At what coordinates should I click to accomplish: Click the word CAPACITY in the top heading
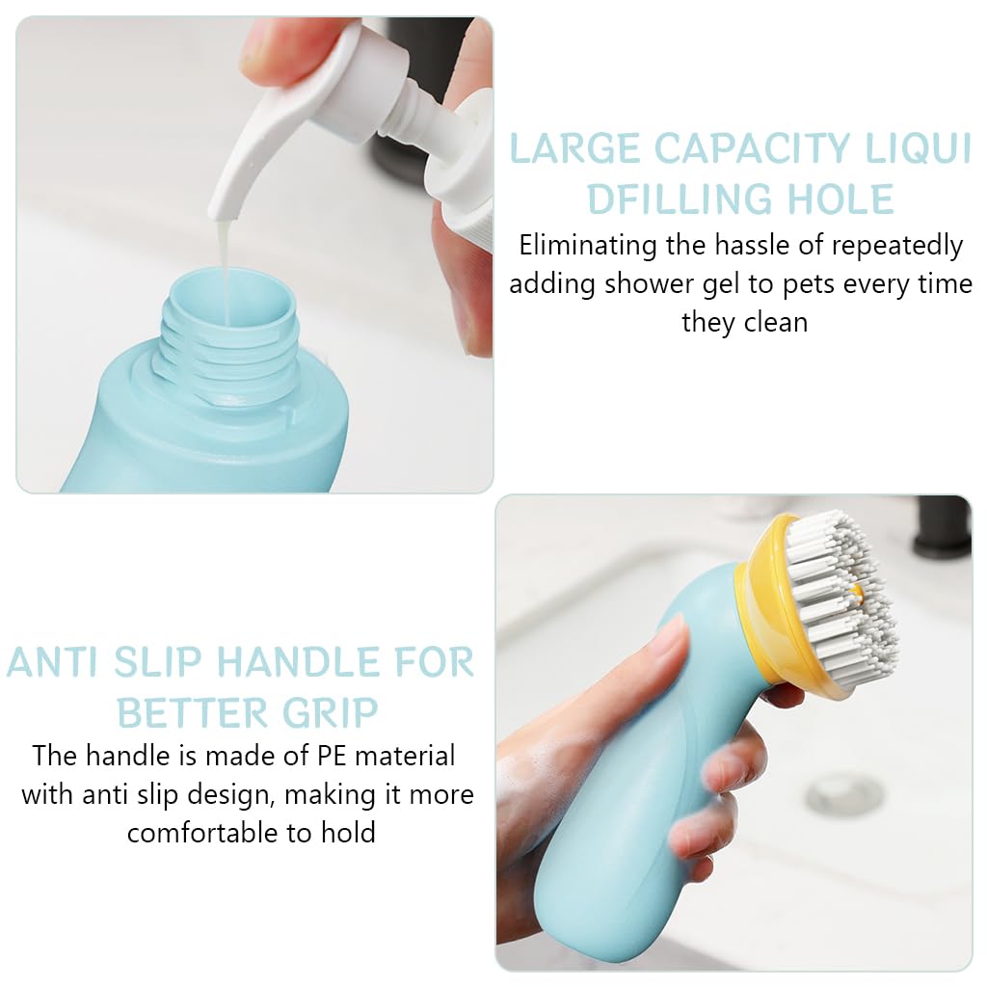tap(753, 149)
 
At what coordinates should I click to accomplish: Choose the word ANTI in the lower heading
tap(54, 663)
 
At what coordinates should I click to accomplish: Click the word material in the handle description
tap(407, 755)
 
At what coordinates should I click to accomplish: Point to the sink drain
tap(844, 795)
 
